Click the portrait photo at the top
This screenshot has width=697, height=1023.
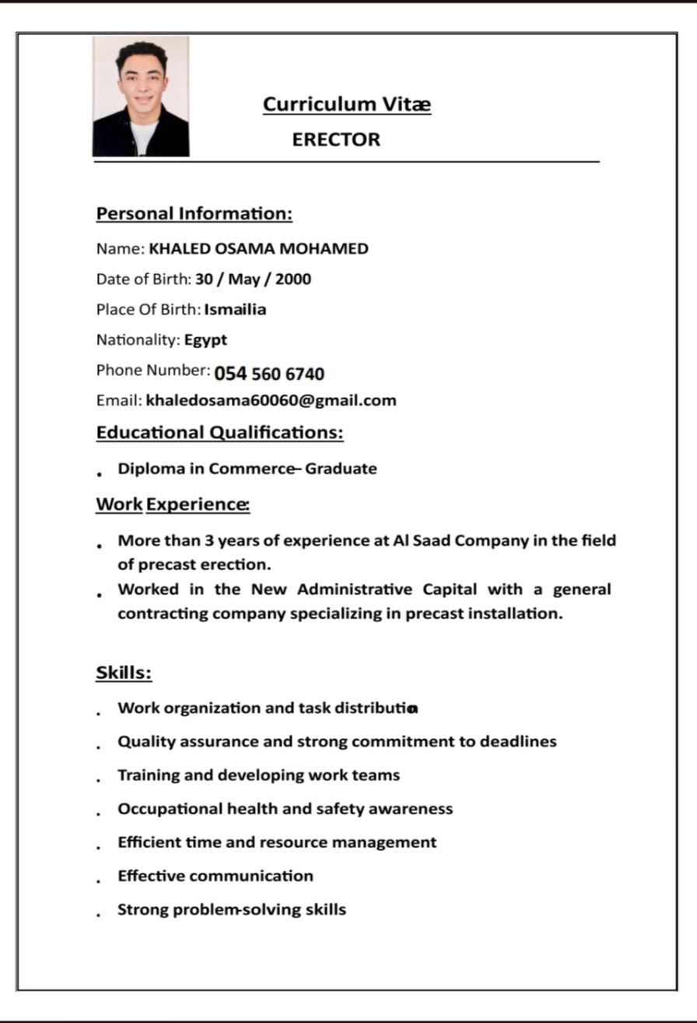point(141,97)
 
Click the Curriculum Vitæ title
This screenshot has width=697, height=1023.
point(346,104)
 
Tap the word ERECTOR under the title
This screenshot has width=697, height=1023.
point(336,140)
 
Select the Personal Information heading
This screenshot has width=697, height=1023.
point(194,213)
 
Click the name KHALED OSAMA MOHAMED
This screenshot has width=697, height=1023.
point(258,249)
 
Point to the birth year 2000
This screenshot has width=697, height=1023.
point(292,279)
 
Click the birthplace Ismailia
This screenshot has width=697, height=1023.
point(235,310)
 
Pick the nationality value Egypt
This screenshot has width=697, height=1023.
point(205,340)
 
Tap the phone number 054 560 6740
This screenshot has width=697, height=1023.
point(269,374)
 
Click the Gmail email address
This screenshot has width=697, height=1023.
point(271,401)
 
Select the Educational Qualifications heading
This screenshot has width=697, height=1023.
point(219,432)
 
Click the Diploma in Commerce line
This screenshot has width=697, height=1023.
point(247,469)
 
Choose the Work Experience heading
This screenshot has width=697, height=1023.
point(172,504)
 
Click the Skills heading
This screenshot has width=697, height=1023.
point(124,673)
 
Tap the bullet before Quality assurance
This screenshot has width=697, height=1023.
point(99,747)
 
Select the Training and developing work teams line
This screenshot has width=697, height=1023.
point(258,775)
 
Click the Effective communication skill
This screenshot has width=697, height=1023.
point(215,876)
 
